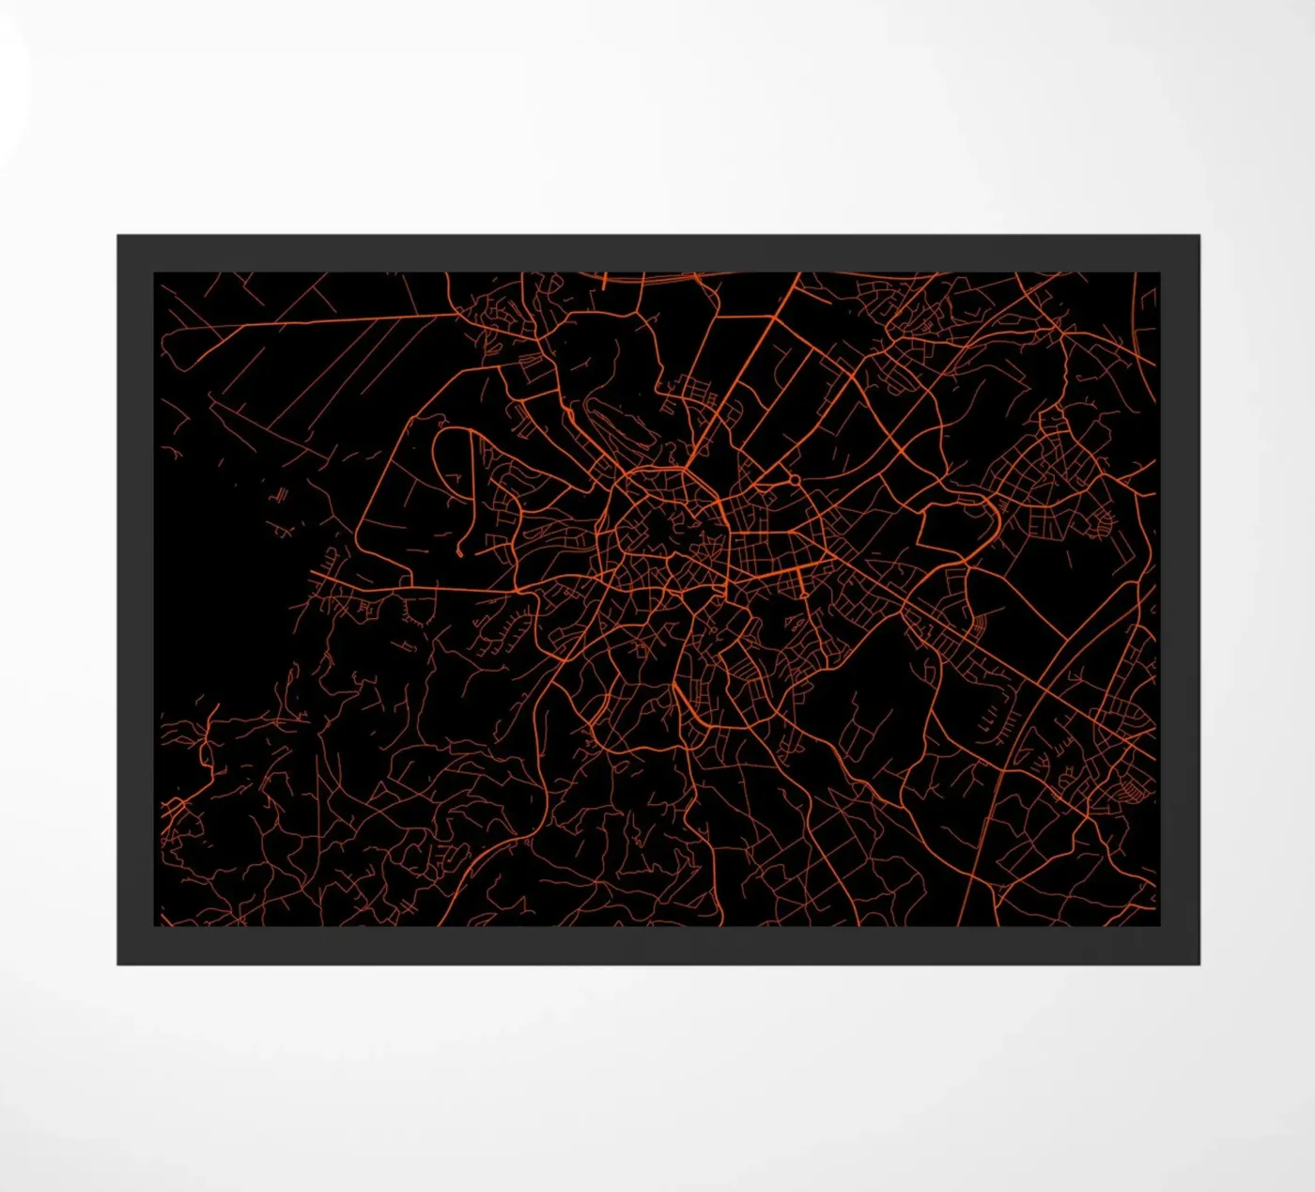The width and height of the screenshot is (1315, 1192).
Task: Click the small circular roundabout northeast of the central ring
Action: tap(795, 480)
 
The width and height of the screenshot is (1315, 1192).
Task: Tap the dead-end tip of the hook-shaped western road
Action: tap(459, 554)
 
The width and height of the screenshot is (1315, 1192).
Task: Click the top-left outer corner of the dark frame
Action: tap(118, 236)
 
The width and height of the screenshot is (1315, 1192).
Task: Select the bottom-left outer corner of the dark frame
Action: tap(118, 964)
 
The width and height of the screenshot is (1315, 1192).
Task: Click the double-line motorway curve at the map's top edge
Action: tap(657, 278)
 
